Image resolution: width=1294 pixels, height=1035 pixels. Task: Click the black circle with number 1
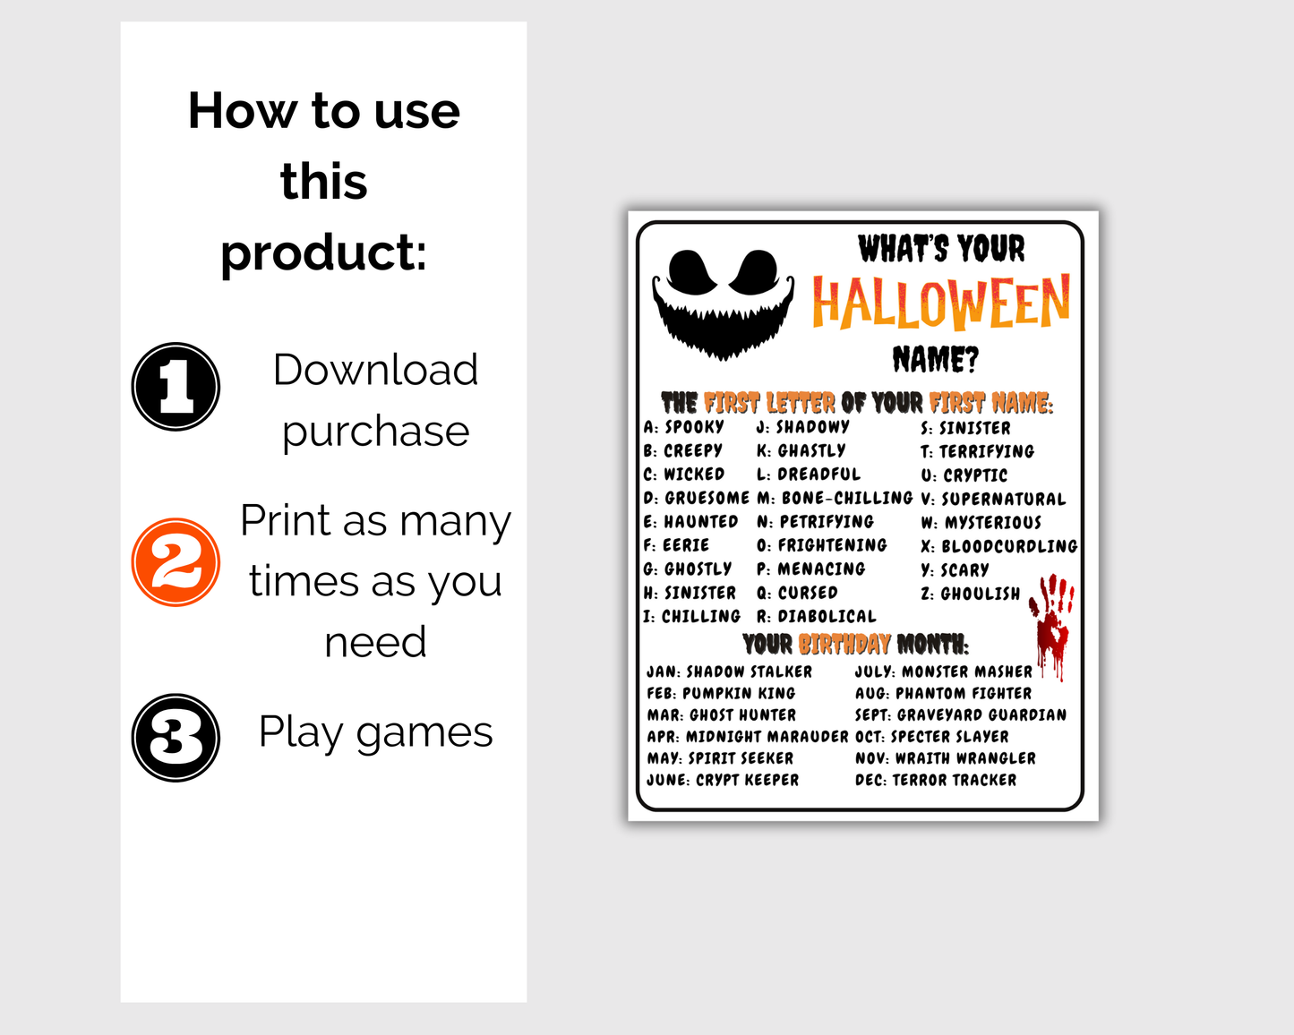click(x=176, y=386)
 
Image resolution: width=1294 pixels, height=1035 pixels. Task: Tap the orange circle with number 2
click(x=176, y=562)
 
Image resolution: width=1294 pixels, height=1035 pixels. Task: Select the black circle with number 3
click(x=176, y=737)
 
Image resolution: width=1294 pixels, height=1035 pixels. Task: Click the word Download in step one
click(x=375, y=370)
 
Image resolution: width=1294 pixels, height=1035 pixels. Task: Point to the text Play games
click(x=375, y=732)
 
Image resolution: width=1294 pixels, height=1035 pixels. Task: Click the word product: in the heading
click(x=323, y=252)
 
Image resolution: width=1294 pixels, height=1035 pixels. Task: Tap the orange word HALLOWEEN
click(x=940, y=303)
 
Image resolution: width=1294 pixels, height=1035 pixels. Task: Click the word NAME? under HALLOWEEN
click(x=936, y=360)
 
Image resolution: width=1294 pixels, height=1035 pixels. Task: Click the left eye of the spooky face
click(x=691, y=271)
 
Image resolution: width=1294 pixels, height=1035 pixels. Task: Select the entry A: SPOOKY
click(x=684, y=427)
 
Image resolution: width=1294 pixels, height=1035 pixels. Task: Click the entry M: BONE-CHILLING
click(x=835, y=498)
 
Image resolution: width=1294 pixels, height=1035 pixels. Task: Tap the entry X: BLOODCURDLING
click(x=998, y=546)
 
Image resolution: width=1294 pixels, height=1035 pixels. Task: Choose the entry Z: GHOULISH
click(x=971, y=594)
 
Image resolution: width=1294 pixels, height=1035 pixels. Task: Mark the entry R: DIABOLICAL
click(x=816, y=616)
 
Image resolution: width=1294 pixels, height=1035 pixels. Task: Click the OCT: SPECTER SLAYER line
click(x=931, y=737)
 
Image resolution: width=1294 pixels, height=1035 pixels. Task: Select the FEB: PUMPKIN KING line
click(x=721, y=693)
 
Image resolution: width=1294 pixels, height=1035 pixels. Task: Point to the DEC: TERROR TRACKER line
click(x=936, y=780)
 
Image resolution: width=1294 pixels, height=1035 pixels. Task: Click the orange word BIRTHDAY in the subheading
click(x=844, y=644)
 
